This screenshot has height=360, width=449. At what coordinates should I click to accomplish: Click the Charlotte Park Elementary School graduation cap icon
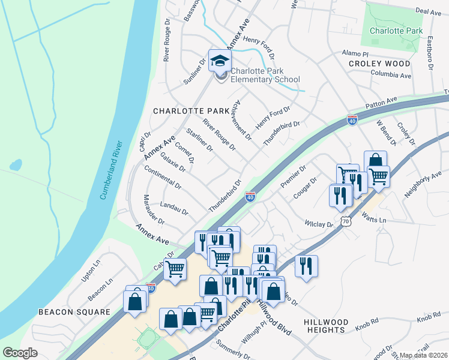(220, 61)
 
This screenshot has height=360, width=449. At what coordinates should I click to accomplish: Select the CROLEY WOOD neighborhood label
(381, 63)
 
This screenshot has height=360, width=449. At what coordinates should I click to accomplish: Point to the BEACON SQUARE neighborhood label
(74, 312)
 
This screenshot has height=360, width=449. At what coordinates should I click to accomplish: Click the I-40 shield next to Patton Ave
(352, 121)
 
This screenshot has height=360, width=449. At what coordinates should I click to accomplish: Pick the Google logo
(20, 353)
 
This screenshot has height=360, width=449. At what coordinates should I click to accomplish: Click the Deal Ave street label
(428, 11)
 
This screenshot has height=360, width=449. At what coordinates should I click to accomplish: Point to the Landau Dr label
(175, 208)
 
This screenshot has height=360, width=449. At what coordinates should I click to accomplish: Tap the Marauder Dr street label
(152, 209)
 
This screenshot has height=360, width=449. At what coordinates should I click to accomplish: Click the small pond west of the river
(16, 164)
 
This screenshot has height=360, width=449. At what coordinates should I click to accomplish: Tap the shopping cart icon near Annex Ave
(175, 270)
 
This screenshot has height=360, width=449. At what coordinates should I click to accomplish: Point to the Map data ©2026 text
(424, 355)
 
